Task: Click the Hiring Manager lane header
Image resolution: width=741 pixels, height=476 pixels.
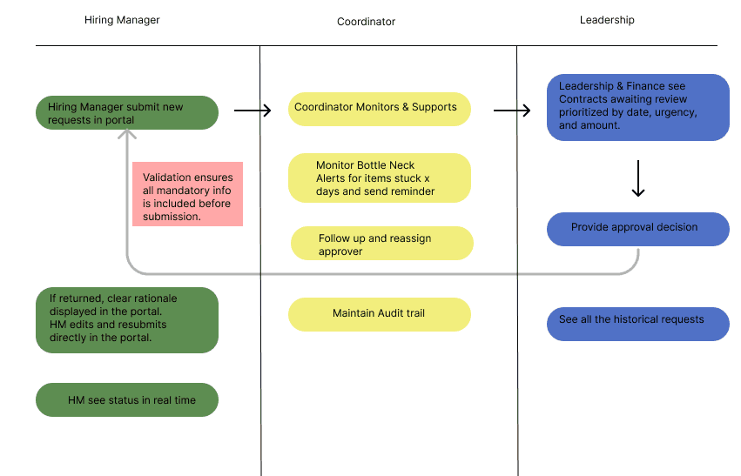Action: click(x=122, y=20)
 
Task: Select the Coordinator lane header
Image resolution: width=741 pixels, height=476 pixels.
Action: click(x=366, y=22)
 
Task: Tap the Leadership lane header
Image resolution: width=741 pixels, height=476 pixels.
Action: click(x=607, y=20)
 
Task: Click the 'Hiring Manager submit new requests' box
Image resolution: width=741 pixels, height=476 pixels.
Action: click(x=127, y=113)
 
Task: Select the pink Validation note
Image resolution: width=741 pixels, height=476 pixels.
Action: click(x=187, y=194)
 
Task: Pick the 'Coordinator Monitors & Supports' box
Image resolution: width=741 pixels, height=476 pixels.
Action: click(x=380, y=109)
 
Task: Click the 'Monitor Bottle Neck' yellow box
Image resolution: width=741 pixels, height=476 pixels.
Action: click(x=380, y=178)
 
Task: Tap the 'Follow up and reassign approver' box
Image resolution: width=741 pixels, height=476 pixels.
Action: click(x=382, y=243)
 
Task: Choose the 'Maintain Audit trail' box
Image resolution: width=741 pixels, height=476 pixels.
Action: click(x=380, y=314)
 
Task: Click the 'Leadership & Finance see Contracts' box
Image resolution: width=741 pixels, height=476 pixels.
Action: click(x=638, y=107)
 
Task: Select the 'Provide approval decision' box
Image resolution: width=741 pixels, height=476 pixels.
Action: click(x=638, y=229)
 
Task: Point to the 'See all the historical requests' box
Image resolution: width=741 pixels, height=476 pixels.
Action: click(x=638, y=324)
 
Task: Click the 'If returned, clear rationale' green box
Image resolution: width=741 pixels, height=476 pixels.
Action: click(x=127, y=320)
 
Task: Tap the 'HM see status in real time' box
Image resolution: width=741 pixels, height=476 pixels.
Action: click(x=127, y=400)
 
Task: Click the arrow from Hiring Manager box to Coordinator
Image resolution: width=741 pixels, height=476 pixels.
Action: click(x=253, y=111)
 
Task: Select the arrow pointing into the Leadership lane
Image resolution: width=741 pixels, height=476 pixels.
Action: click(x=512, y=111)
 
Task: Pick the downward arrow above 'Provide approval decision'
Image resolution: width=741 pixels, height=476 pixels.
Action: click(x=638, y=178)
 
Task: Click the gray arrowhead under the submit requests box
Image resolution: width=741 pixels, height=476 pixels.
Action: click(x=127, y=134)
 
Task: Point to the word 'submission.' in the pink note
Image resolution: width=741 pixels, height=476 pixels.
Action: click(x=172, y=217)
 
